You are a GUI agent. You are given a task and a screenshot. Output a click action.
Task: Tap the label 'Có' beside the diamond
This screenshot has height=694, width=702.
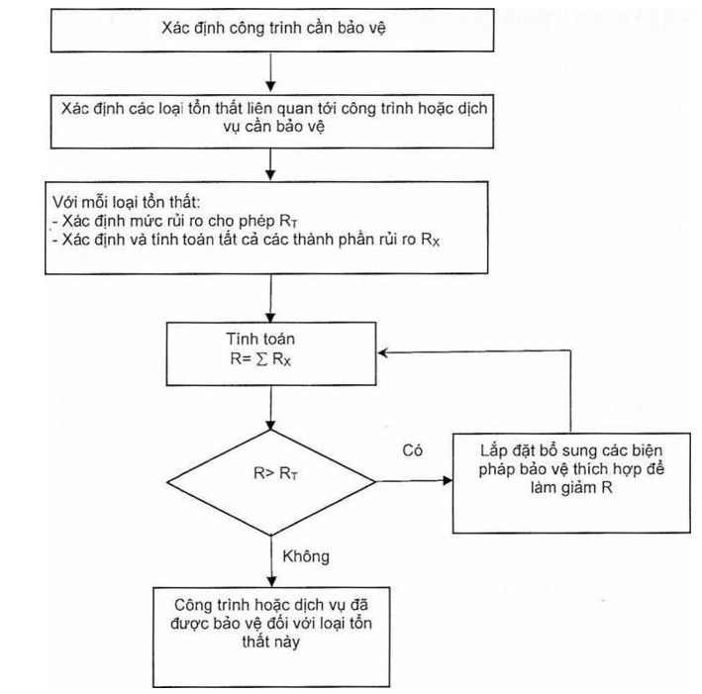coord(413,449)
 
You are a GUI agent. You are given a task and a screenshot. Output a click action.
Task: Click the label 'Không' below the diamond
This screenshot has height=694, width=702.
coord(306,556)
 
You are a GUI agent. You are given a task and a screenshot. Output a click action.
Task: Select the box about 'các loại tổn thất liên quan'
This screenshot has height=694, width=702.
coord(269,116)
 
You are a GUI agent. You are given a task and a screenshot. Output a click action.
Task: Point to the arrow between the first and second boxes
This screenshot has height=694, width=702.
coord(270,71)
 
